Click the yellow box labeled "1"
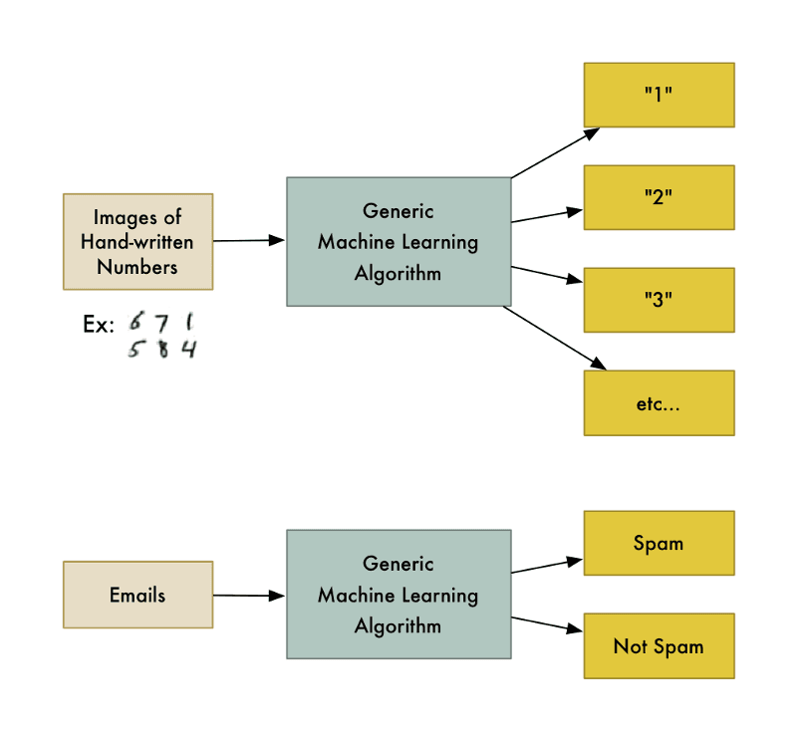[x=659, y=95]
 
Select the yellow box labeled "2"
[x=659, y=197]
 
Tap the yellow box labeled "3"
[x=659, y=299]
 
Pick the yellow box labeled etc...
[x=659, y=402]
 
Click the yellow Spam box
[x=659, y=543]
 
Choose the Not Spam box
[x=659, y=646]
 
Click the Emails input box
[x=137, y=595]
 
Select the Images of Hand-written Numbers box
[x=137, y=241]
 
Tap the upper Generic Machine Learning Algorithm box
[x=398, y=241]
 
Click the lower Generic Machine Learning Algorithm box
[x=398, y=595]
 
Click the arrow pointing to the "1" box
[x=555, y=152]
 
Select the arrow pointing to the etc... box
[x=555, y=340]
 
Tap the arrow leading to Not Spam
[x=547, y=624]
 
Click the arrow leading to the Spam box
[x=547, y=566]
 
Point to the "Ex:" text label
[x=99, y=325]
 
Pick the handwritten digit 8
[x=162, y=349]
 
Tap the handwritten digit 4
[x=187, y=349]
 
